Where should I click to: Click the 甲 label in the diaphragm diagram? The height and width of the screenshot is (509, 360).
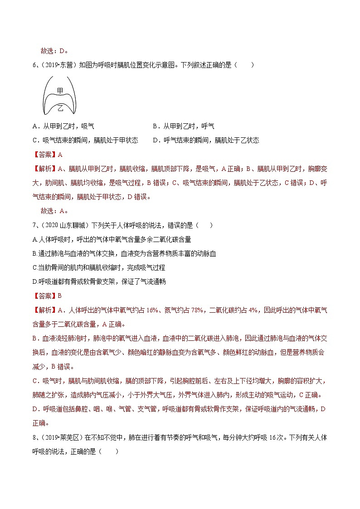pyautogui.click(x=60, y=91)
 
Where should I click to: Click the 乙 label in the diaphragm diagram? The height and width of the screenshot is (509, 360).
pyautogui.click(x=60, y=107)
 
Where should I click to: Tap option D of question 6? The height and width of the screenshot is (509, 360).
pyautogui.click(x=206, y=141)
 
